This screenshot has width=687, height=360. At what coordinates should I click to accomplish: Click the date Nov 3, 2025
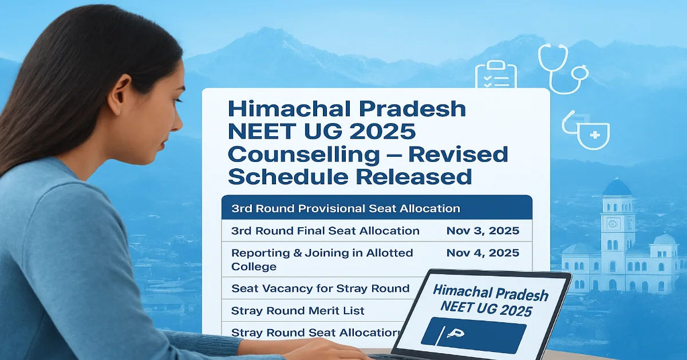pyautogui.click(x=482, y=231)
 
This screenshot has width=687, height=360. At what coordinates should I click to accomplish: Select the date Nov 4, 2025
pyautogui.click(x=482, y=252)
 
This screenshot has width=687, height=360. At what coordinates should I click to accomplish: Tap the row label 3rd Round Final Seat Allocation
pyautogui.click(x=325, y=231)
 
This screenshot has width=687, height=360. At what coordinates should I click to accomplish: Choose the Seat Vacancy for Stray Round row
pyautogui.click(x=320, y=288)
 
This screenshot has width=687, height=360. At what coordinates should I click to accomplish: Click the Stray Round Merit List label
pyautogui.click(x=298, y=311)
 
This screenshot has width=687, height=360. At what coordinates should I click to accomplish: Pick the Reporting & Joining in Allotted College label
pyautogui.click(x=322, y=259)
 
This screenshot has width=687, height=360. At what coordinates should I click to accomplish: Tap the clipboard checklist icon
pyautogui.click(x=496, y=76)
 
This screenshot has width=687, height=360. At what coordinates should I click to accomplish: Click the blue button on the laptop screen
pyautogui.click(x=473, y=336)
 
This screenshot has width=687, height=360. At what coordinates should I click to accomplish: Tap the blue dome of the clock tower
pyautogui.click(x=617, y=188)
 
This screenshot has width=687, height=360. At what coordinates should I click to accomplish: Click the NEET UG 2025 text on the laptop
pyautogui.click(x=487, y=308)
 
